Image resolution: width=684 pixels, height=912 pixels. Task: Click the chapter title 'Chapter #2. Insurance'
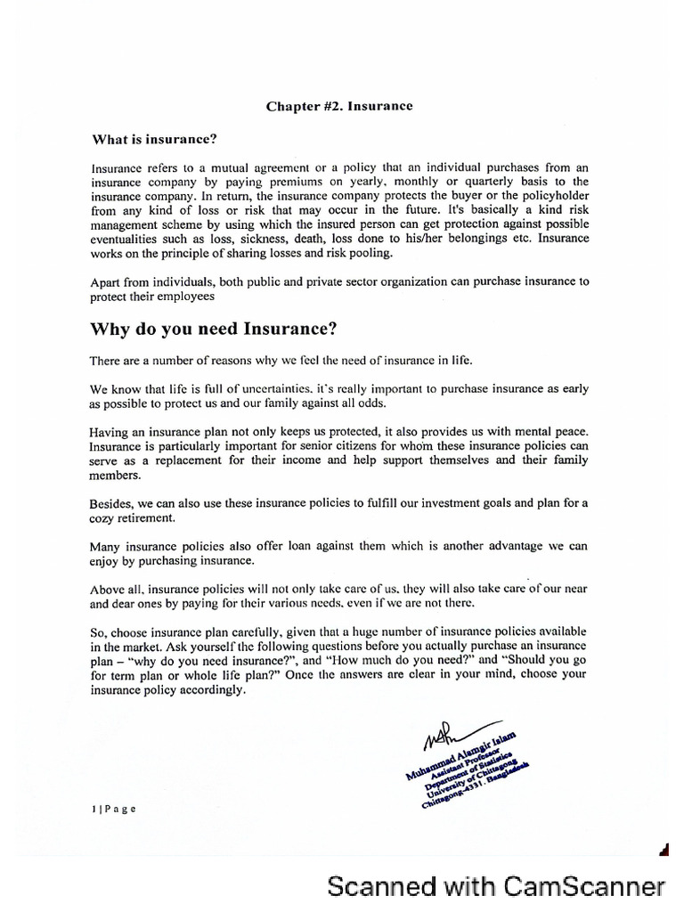(339, 106)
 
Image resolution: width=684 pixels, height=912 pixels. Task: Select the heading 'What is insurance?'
(155, 140)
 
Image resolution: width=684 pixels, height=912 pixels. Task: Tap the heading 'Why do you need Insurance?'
(214, 329)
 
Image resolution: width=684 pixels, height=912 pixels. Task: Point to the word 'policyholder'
(551, 195)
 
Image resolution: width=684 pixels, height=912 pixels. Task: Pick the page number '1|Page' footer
(113, 809)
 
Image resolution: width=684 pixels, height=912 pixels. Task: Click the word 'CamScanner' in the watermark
(585, 886)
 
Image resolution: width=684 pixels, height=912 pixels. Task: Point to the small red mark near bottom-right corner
(663, 850)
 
